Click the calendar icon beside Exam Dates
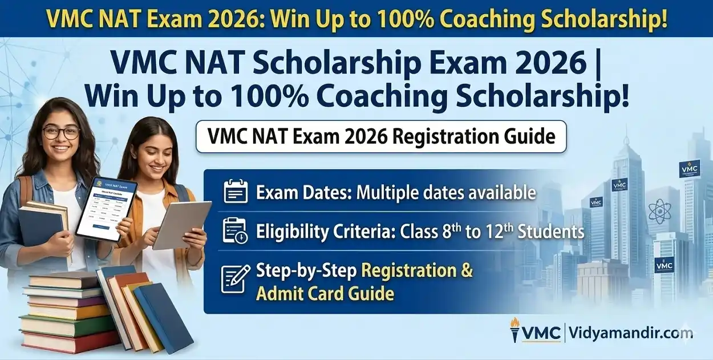(235, 192)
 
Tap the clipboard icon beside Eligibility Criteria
(235, 231)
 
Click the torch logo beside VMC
(515, 330)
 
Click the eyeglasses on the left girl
(60, 132)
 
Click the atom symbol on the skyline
(661, 211)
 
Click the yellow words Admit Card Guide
(325, 293)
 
